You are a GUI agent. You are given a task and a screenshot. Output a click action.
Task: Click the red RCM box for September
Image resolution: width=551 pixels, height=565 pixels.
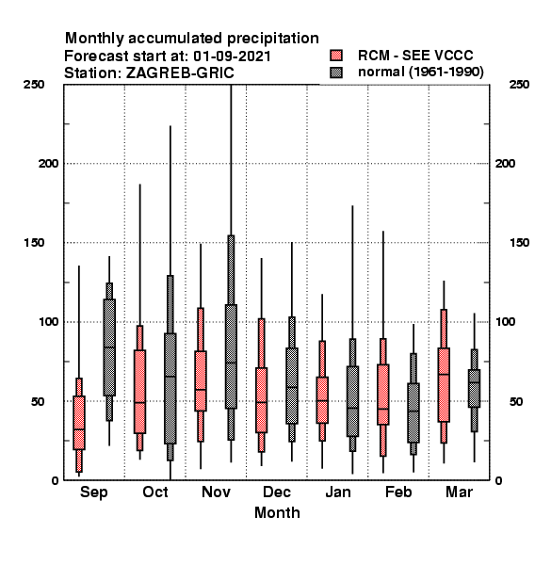[79, 423]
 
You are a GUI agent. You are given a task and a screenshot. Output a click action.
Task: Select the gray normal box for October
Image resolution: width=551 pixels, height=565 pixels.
[170, 388]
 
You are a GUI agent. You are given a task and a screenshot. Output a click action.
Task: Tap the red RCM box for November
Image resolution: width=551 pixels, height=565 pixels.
[201, 380]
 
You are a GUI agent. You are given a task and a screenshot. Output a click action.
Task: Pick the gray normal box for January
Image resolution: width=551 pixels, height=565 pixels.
[352, 401]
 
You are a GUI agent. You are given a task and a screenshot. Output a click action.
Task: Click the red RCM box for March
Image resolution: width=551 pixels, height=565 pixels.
[444, 385]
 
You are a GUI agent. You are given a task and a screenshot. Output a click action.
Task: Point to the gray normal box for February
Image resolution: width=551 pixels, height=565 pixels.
[413, 413]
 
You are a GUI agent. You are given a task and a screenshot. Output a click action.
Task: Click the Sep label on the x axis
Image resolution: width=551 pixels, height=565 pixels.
[93, 492]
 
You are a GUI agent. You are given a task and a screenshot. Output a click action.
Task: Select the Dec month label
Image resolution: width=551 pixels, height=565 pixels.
[276, 492]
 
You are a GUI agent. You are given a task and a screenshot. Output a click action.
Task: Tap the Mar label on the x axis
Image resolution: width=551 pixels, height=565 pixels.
[459, 492]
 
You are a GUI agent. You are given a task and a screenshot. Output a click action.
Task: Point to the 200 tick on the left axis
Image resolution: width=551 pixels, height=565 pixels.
[48, 163]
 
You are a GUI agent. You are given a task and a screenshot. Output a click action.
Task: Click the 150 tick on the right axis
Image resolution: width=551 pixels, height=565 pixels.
[519, 243]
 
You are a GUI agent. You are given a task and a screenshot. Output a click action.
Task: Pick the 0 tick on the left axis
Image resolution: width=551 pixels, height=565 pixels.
[55, 480]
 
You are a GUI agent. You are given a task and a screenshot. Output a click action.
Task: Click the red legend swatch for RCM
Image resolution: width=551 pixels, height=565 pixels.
[336, 56]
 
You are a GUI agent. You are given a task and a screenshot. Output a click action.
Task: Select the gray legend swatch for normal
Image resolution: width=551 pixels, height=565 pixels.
[336, 73]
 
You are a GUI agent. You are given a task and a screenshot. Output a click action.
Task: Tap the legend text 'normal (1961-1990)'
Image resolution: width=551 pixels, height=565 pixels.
[420, 73]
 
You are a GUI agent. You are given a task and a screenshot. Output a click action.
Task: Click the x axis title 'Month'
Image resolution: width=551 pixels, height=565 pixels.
[277, 513]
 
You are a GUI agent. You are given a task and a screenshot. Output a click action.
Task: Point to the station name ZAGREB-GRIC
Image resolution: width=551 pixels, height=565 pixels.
[180, 73]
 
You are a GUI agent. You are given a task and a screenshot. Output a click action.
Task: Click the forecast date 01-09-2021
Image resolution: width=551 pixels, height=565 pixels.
[232, 56]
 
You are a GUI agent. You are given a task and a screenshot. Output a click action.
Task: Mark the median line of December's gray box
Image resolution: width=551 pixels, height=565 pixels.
[292, 387]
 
